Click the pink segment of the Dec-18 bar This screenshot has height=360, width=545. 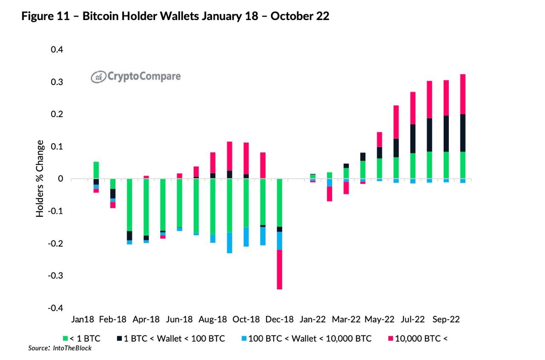[x=279, y=269]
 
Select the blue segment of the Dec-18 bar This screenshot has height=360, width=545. [x=279, y=240]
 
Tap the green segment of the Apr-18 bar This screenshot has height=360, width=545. [x=146, y=207]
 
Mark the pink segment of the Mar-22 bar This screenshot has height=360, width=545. [x=346, y=188]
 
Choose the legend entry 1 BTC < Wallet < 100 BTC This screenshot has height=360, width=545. [x=171, y=339]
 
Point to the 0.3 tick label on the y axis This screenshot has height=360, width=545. [x=57, y=82]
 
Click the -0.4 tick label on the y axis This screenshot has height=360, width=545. [x=56, y=308]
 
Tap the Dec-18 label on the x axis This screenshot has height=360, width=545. [x=279, y=320]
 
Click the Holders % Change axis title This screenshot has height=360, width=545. [x=40, y=178]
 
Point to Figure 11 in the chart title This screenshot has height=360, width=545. [x=46, y=17]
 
